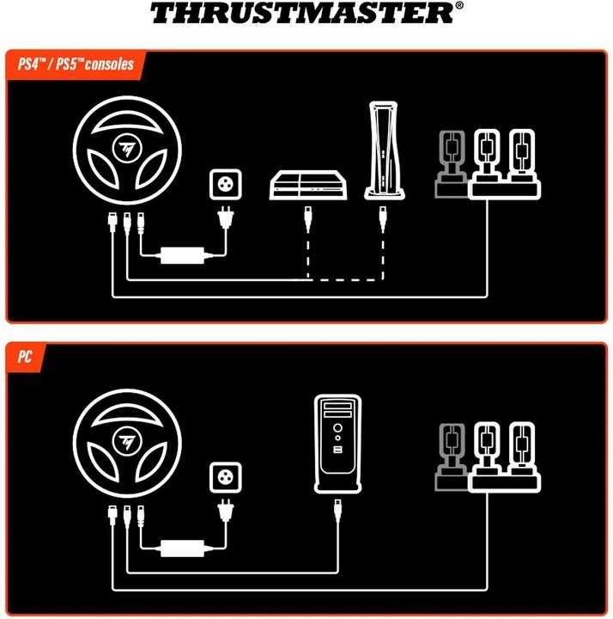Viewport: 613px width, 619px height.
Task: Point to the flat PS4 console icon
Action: [x=308, y=186]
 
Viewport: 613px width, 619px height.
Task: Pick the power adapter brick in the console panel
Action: [x=184, y=255]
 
